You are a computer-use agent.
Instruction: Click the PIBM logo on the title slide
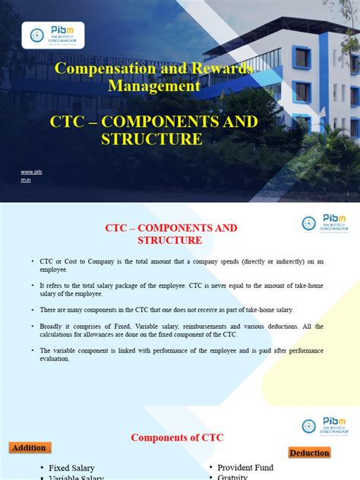(53, 35)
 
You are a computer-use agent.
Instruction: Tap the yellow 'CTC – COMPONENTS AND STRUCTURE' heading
(154, 130)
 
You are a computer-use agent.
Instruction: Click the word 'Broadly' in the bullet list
(50, 327)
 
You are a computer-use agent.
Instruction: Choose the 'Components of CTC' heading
(177, 437)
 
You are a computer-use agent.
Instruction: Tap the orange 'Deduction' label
(310, 453)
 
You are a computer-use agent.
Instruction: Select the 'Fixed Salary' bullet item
(74, 469)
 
